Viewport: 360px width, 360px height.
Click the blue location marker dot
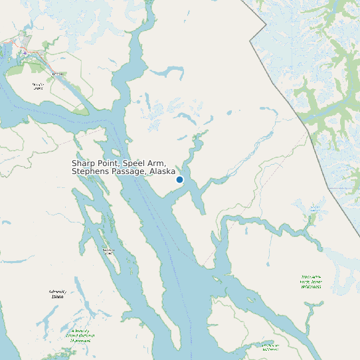pos(179,179)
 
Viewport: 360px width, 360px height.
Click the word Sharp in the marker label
pos(84,163)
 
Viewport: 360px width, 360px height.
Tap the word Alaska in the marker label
pos(162,171)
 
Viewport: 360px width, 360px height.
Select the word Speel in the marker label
pos(135,163)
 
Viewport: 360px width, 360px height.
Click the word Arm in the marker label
pos(157,163)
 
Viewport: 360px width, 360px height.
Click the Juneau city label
pos(58,74)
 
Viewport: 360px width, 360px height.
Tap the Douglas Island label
pos(38,86)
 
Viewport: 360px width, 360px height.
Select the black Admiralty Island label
pos(58,294)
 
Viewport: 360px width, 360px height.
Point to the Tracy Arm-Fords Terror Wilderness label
pos(310,282)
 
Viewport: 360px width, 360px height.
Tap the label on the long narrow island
pos(108,251)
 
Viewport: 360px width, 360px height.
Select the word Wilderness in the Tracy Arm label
pos(310,287)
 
